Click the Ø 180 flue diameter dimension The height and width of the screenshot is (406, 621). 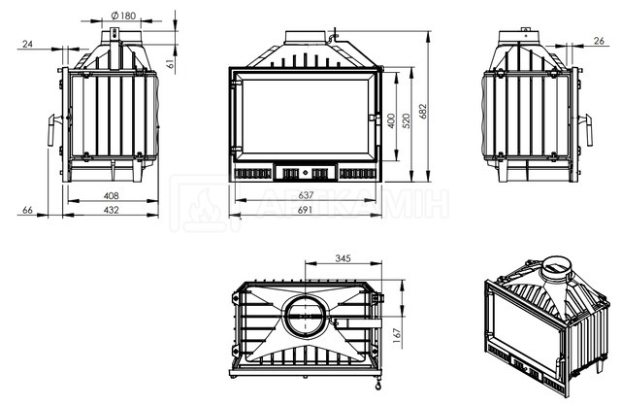pyautogui.click(x=123, y=16)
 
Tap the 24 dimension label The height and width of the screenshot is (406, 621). pyautogui.click(x=27, y=44)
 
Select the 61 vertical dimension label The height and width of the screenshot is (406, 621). pyautogui.click(x=171, y=63)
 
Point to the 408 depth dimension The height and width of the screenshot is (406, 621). pyautogui.click(x=111, y=195)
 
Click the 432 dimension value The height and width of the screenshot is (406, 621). pyautogui.click(x=111, y=210)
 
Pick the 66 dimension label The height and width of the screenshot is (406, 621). pyautogui.click(x=27, y=210)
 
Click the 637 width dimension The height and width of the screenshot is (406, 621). pyautogui.click(x=306, y=195)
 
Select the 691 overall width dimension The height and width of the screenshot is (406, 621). pyautogui.click(x=305, y=210)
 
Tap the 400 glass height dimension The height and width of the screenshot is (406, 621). pyautogui.click(x=391, y=121)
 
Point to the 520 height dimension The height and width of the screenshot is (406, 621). pyautogui.click(x=407, y=121)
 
